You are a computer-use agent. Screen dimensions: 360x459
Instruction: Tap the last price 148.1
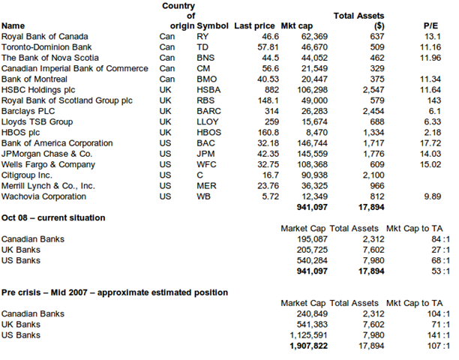(x=258, y=100)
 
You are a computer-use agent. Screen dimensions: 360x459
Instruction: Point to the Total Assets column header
(x=358, y=17)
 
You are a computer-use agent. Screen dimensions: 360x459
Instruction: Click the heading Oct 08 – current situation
(x=52, y=217)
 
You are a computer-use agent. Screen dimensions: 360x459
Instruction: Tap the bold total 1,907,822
(x=305, y=347)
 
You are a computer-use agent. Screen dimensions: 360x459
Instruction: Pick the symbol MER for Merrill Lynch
(x=206, y=186)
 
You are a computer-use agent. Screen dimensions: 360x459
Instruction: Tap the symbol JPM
(x=206, y=154)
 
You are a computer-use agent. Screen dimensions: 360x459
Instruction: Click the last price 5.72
(x=262, y=196)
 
